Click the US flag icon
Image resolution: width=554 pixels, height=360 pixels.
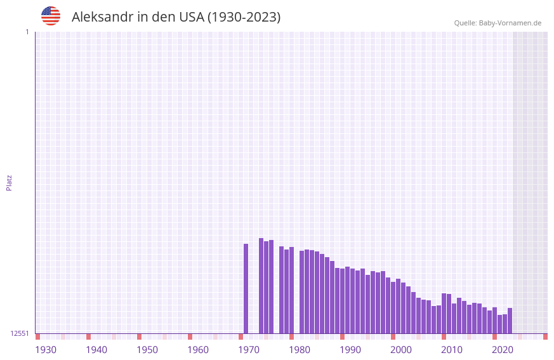click(51, 16)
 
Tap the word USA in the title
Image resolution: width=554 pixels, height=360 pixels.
click(192, 17)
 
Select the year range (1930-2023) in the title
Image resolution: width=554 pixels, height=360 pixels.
click(244, 17)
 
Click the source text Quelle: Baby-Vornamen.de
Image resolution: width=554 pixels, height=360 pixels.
click(498, 23)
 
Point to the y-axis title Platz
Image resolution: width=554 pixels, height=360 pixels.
click(9, 182)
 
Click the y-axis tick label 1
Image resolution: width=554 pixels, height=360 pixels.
click(27, 32)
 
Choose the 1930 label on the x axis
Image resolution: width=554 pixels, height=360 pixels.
click(46, 350)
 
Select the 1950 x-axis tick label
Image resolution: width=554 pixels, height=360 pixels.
click(147, 350)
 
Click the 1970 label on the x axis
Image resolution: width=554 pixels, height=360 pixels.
click(249, 350)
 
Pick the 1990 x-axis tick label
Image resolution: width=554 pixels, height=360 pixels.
click(350, 350)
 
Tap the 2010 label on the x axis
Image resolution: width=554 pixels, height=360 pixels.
click(452, 350)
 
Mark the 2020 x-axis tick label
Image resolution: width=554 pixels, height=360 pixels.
click(503, 350)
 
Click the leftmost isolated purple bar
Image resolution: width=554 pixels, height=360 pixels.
click(246, 288)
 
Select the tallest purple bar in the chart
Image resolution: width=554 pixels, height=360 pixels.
click(261, 286)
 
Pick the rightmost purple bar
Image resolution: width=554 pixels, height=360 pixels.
click(510, 321)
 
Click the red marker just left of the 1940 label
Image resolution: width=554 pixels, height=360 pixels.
click(89, 337)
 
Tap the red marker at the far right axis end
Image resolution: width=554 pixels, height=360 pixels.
click(545, 337)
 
